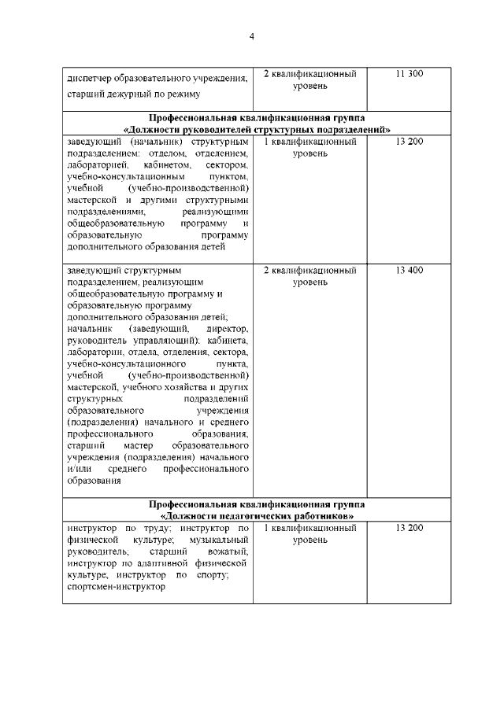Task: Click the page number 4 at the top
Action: [x=252, y=35]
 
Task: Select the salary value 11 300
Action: [x=409, y=74]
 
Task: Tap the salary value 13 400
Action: [x=409, y=271]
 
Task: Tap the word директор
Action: [x=226, y=326]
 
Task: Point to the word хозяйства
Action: [x=180, y=387]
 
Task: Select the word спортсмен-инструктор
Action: [x=117, y=587]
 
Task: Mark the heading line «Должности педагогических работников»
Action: [x=257, y=515]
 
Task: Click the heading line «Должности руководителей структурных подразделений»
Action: [x=257, y=129]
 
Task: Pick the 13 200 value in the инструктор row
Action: [x=409, y=528]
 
